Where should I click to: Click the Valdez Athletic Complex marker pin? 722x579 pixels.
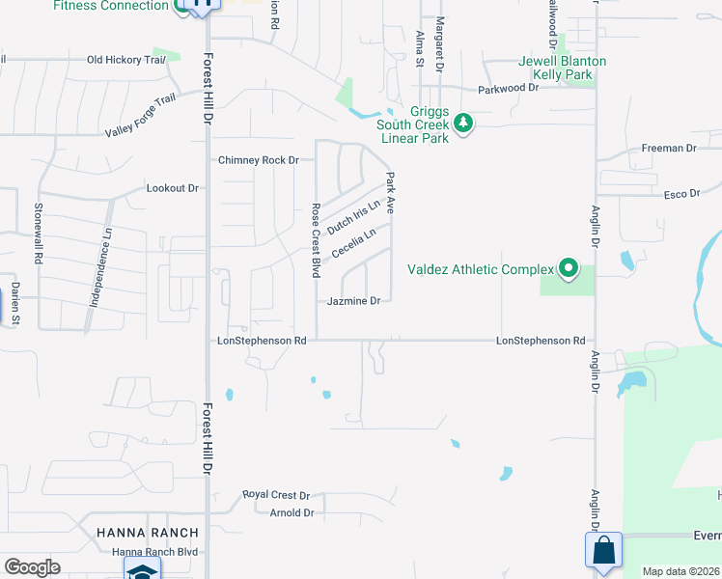coord(569,269)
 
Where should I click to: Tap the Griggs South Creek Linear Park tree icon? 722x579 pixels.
coord(464,123)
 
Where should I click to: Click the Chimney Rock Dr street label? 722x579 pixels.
coord(260,160)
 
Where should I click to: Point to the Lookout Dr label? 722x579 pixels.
coord(172,188)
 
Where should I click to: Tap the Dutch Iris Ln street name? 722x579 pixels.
coord(353,217)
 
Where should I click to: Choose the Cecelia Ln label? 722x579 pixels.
coord(353,242)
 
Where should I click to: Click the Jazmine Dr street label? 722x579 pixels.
coord(353,301)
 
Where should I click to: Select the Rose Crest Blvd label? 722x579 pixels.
coord(316,240)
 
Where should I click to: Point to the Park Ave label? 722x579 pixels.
coord(390,193)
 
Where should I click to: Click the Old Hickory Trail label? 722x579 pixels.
coord(126,60)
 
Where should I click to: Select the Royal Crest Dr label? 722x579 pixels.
coord(276,494)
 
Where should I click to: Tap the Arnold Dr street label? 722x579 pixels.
coord(292,513)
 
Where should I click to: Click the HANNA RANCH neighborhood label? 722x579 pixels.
coord(148,533)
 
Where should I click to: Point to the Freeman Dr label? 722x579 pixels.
coord(669,149)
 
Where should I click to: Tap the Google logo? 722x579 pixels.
coord(33,566)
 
